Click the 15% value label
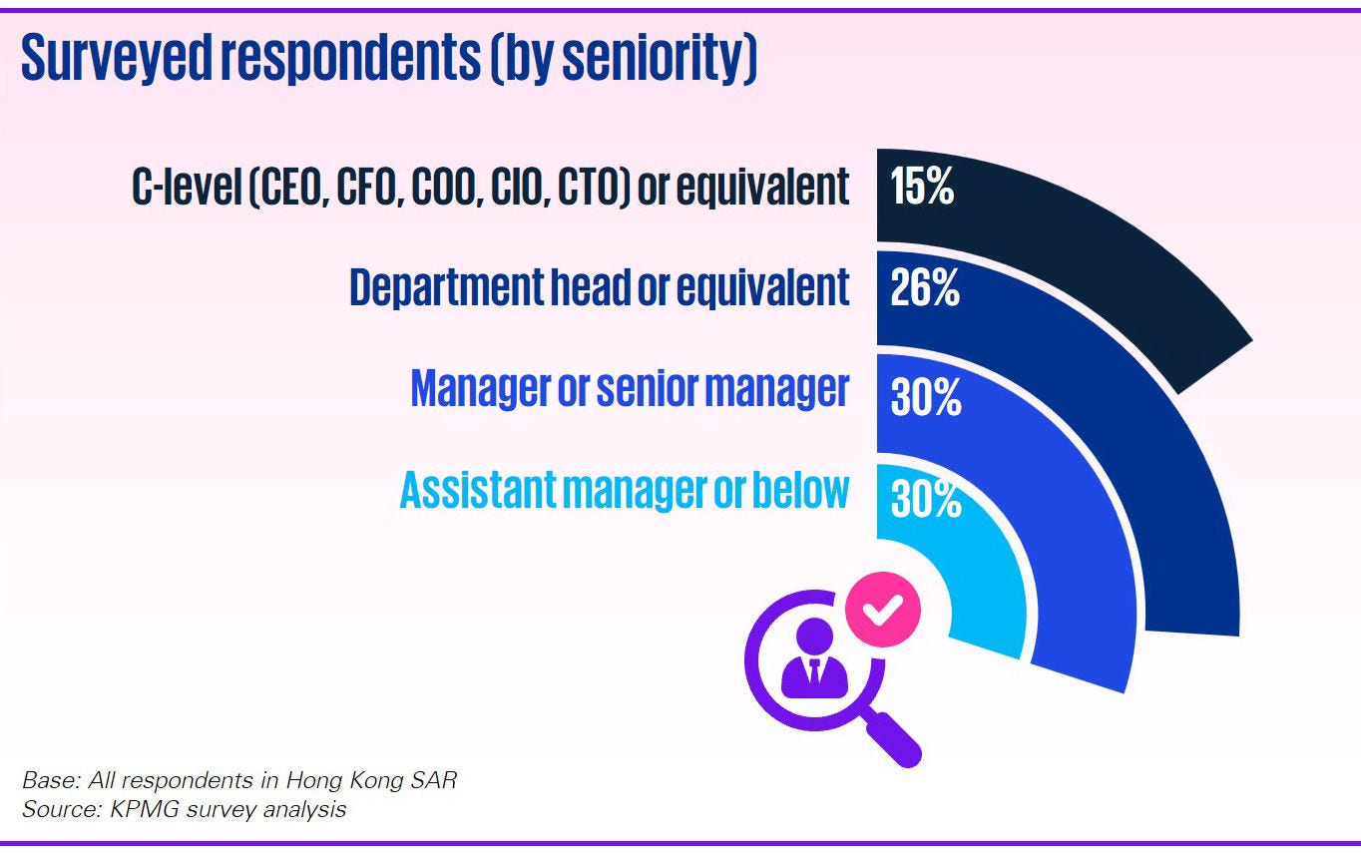coord(922,187)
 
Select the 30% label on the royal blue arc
coord(925,397)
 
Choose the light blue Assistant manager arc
coord(983,589)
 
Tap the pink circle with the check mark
coord(882,609)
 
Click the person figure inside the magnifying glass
coord(814,658)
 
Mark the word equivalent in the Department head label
coord(762,287)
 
